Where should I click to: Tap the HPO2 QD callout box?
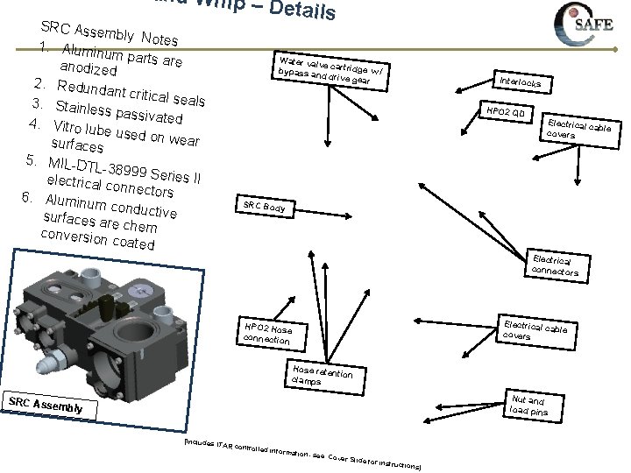click(506, 113)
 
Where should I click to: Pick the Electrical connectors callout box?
click(556, 266)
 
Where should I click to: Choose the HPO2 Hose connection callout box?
click(273, 333)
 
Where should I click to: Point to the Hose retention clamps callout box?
click(323, 375)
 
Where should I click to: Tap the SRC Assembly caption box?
click(46, 404)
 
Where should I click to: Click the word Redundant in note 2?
click(95, 89)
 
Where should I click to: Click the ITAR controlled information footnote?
click(302, 453)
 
